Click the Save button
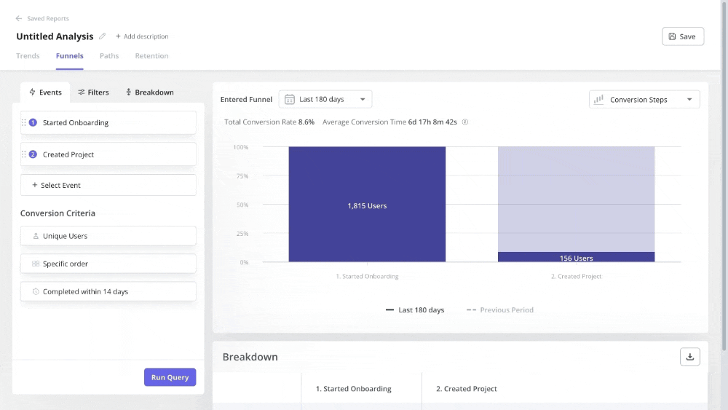(682, 36)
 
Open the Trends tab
(28, 56)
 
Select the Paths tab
(109, 56)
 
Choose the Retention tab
(151, 56)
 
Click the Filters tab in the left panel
(93, 92)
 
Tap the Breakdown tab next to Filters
(149, 92)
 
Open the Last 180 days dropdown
(325, 99)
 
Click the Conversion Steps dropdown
(644, 100)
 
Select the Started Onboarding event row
(108, 122)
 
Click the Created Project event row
(108, 154)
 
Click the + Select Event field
(108, 185)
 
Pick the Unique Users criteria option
(108, 236)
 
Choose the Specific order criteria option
(108, 264)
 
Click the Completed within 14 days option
(108, 291)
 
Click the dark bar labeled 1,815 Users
(367, 205)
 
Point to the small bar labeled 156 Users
(576, 257)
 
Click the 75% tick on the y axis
(240, 176)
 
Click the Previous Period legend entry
(500, 310)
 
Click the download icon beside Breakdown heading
(689, 357)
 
